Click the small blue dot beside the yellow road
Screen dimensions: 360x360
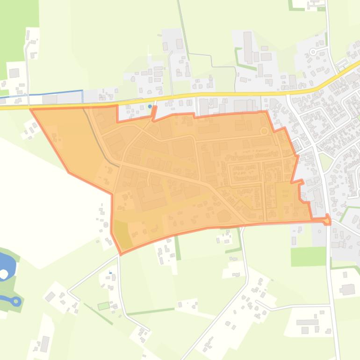coord(150,107)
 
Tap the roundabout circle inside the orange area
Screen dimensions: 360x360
coord(264,131)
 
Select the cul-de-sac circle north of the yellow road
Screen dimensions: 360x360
coord(313,52)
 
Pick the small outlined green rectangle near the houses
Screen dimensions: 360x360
coord(103,306)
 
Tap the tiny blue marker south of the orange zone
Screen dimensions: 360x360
coord(110,272)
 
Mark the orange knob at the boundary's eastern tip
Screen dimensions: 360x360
coord(328,219)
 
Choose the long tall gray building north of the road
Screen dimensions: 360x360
coord(248,46)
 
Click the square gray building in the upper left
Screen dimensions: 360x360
coord(14,73)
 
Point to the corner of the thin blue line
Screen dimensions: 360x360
coord(82,91)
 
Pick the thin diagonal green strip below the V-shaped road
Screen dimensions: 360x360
coord(98,314)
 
